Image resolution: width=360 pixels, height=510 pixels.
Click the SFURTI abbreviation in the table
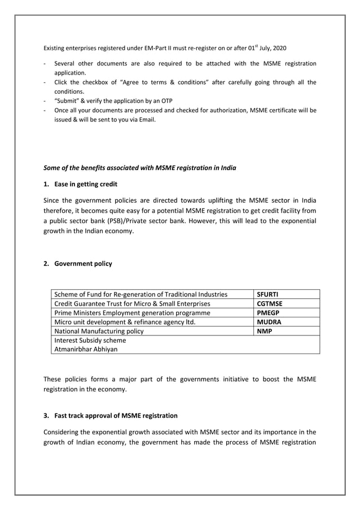267,294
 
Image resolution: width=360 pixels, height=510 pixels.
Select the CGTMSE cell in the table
269,303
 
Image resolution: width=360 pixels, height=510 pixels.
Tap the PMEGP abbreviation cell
268,312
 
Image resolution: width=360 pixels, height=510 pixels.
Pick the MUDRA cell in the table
269,322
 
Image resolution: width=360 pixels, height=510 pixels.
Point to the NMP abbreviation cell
264,331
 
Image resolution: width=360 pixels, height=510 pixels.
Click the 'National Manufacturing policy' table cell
99,331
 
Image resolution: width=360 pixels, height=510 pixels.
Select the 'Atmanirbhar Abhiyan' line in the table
86,349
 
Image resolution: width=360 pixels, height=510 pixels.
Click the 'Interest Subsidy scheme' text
90,340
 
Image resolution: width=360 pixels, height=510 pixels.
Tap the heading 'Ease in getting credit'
86,184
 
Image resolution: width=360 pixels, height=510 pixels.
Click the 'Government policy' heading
83,263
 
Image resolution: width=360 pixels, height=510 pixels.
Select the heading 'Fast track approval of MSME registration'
116,416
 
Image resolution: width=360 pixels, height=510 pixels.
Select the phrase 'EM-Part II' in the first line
150,48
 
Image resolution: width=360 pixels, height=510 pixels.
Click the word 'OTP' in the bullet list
166,101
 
